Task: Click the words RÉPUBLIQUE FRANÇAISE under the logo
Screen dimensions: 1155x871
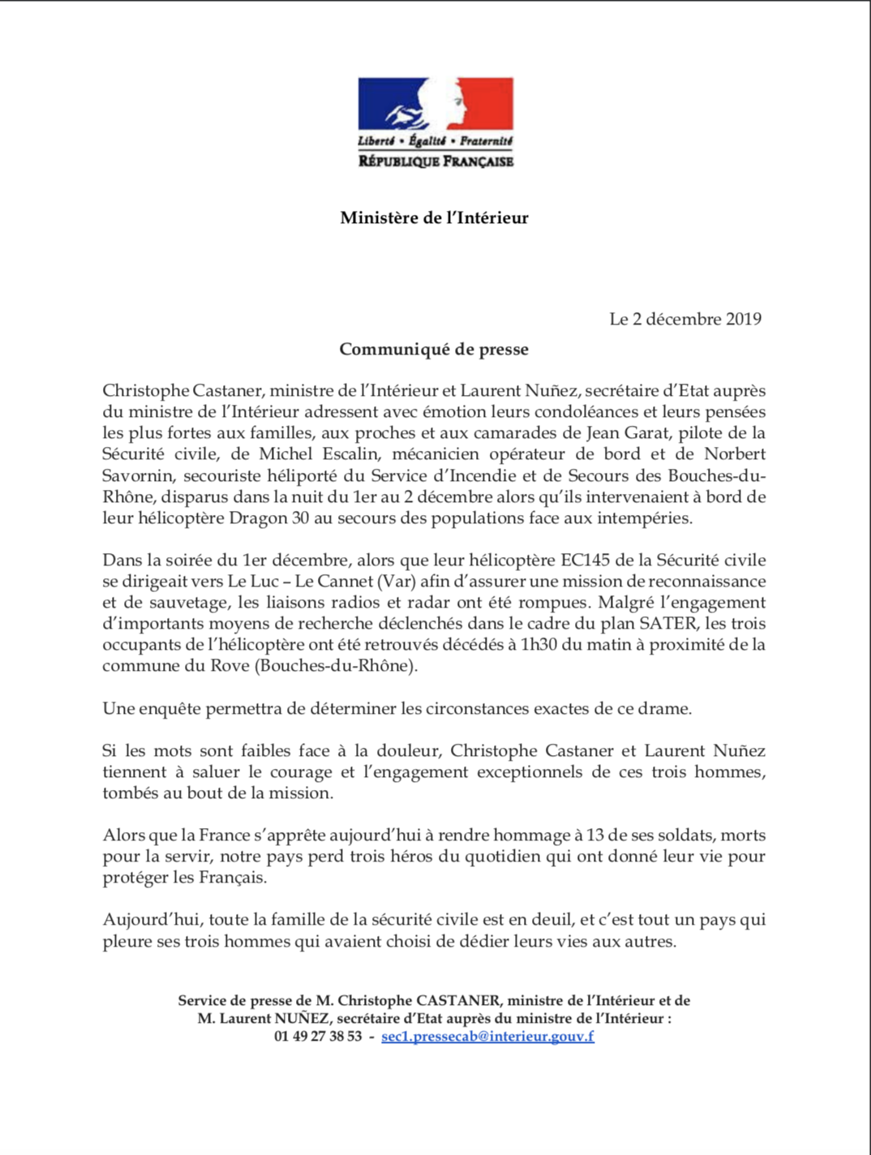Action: click(435, 161)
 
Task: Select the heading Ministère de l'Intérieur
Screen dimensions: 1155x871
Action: click(434, 217)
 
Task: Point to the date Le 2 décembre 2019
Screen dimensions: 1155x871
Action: click(685, 319)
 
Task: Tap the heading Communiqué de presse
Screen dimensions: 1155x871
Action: click(433, 350)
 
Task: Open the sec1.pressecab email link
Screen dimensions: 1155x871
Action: click(487, 1036)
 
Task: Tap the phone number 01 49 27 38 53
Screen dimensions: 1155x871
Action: click(318, 1036)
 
